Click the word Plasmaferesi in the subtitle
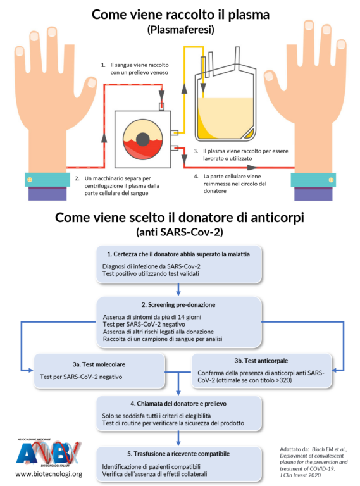180,30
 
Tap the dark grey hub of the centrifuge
143,139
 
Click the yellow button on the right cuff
331,180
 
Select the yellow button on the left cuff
30,180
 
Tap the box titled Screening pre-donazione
179,322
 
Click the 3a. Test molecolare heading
99,364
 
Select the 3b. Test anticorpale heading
261,361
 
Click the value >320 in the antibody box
283,380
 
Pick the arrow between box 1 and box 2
178,289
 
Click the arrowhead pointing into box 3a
30,370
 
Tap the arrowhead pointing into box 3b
335,370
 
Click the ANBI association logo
49,453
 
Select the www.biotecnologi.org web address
49,474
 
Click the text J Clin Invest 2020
300,475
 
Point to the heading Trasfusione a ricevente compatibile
178,454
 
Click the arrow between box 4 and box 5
178,439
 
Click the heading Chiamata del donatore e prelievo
178,404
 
